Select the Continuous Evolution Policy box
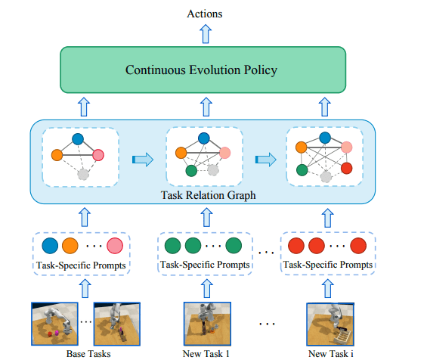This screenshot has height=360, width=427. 202,71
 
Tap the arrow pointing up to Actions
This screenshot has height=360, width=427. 202,33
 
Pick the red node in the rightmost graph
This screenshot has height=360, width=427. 347,168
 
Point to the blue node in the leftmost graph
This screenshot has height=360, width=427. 77,139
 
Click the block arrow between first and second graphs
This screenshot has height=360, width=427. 141,159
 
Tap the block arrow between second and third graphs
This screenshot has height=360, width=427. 265,159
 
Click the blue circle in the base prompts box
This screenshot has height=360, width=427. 50,247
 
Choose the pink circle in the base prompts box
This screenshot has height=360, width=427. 115,247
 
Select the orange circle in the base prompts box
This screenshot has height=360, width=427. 70,247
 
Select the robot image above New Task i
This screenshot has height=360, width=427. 329,322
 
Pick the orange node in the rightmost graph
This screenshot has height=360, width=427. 302,146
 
